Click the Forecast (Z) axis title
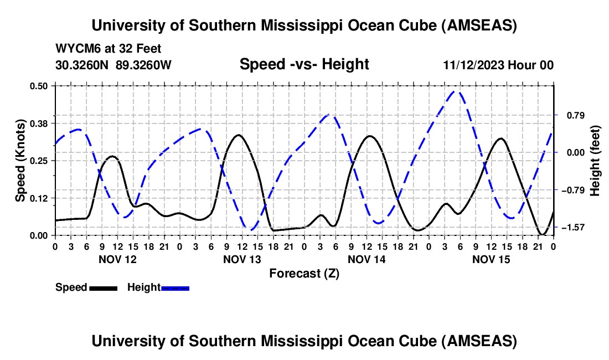[304, 273]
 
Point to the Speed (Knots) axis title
[20, 160]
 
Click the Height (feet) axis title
[595, 160]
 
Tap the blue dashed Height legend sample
[175, 287]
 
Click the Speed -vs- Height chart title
[304, 64]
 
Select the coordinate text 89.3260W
[144, 65]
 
